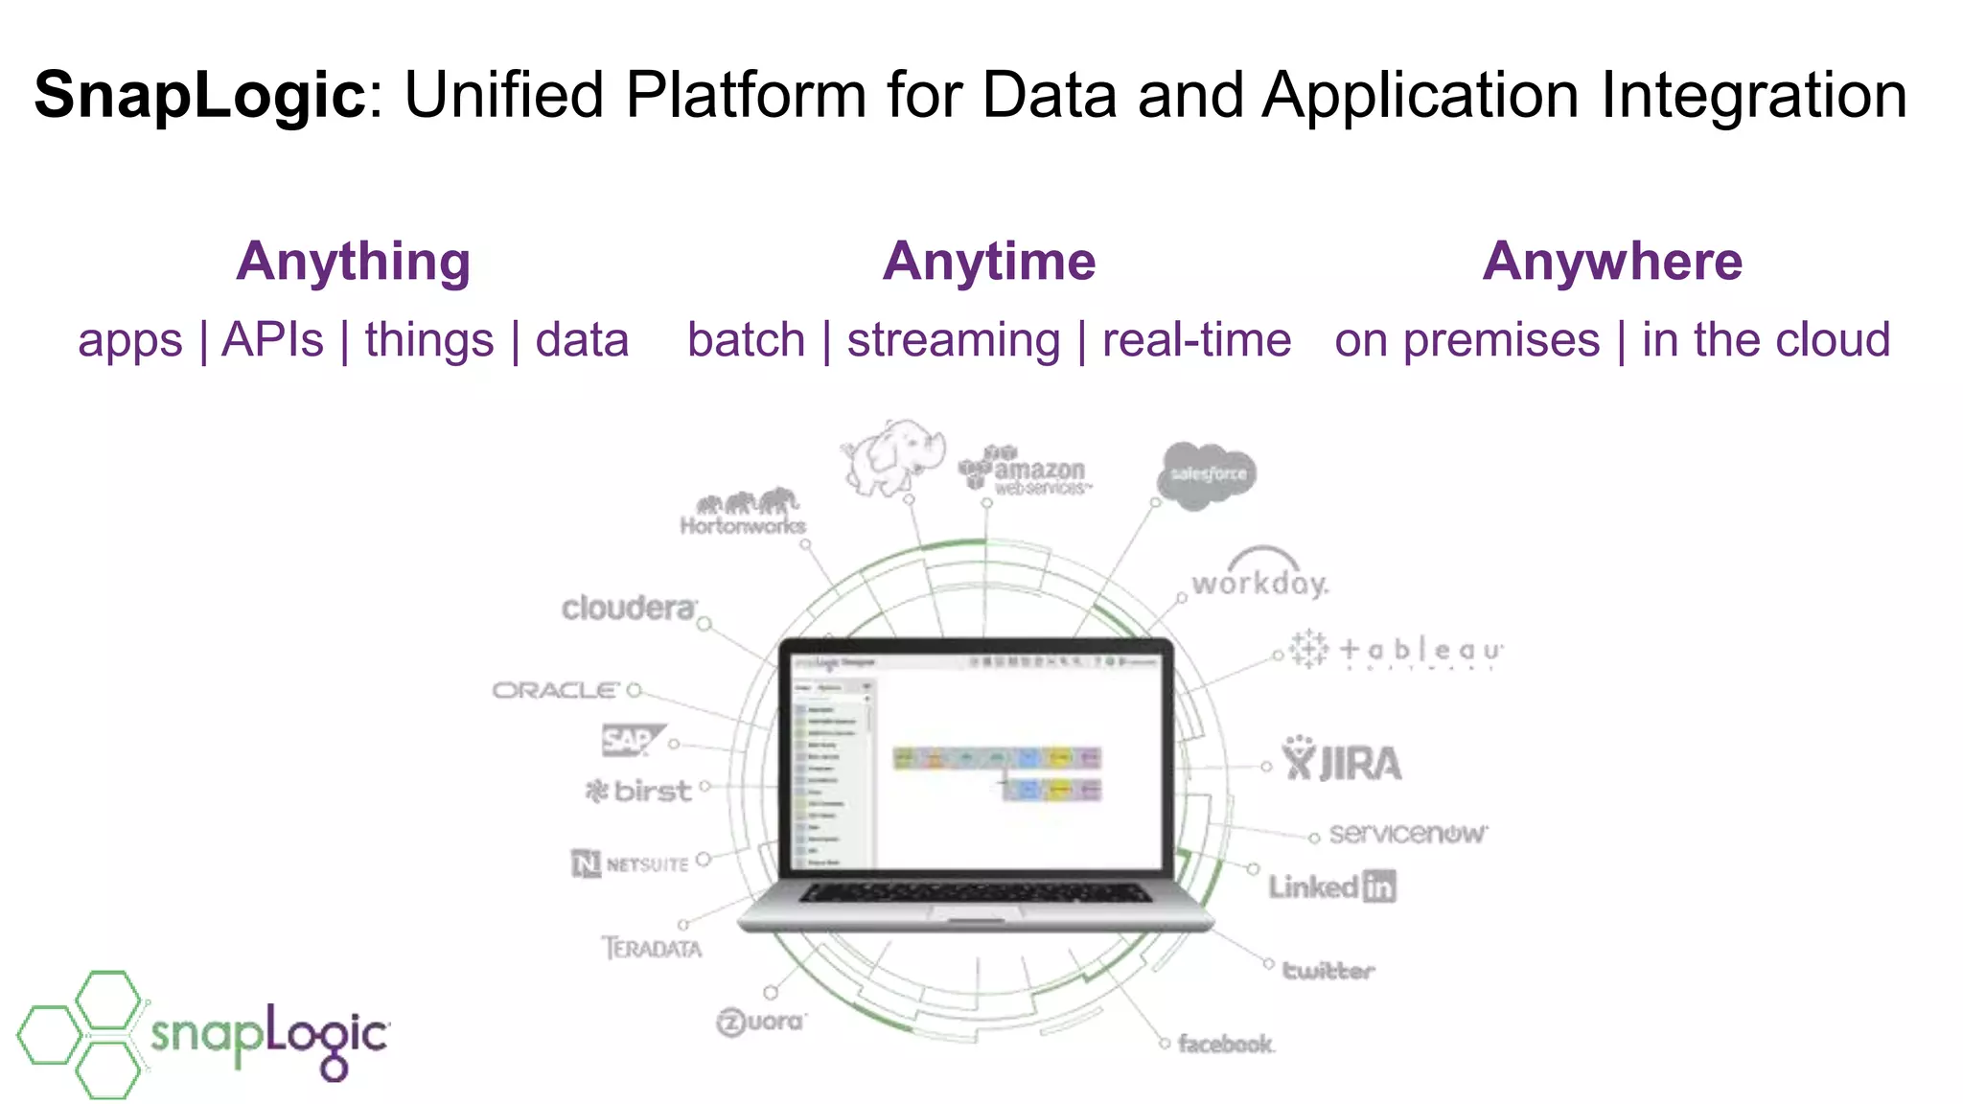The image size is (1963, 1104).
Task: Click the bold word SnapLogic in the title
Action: pyautogui.click(x=199, y=96)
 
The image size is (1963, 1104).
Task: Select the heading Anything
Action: pyautogui.click(x=354, y=262)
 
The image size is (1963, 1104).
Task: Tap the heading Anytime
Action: pyautogui.click(x=989, y=262)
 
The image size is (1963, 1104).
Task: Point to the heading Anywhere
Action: pyautogui.click(x=1612, y=262)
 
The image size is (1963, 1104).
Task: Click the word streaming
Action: pyautogui.click(x=954, y=340)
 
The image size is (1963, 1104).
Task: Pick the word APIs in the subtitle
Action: pyautogui.click(x=272, y=340)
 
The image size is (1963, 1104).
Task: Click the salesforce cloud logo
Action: pyautogui.click(x=1207, y=474)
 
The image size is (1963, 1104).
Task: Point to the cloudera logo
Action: pyautogui.click(x=629, y=609)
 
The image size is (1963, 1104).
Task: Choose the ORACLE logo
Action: pyautogui.click(x=556, y=690)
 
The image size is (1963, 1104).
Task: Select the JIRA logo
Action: pyautogui.click(x=1342, y=762)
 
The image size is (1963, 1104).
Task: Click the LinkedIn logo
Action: pyautogui.click(x=1332, y=886)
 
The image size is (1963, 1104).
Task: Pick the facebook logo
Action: pyautogui.click(x=1225, y=1044)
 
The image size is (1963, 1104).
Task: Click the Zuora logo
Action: pyautogui.click(x=761, y=1022)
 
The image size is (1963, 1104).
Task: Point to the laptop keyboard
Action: pyautogui.click(x=976, y=893)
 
